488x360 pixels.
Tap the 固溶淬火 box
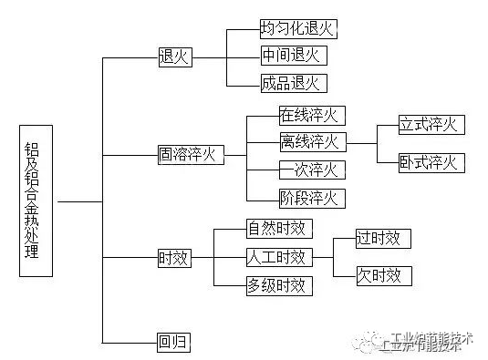click(189, 154)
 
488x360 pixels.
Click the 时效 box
click(173, 259)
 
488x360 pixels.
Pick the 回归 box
click(173, 343)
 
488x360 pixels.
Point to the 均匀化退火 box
click(297, 28)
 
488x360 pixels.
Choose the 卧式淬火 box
click(431, 163)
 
